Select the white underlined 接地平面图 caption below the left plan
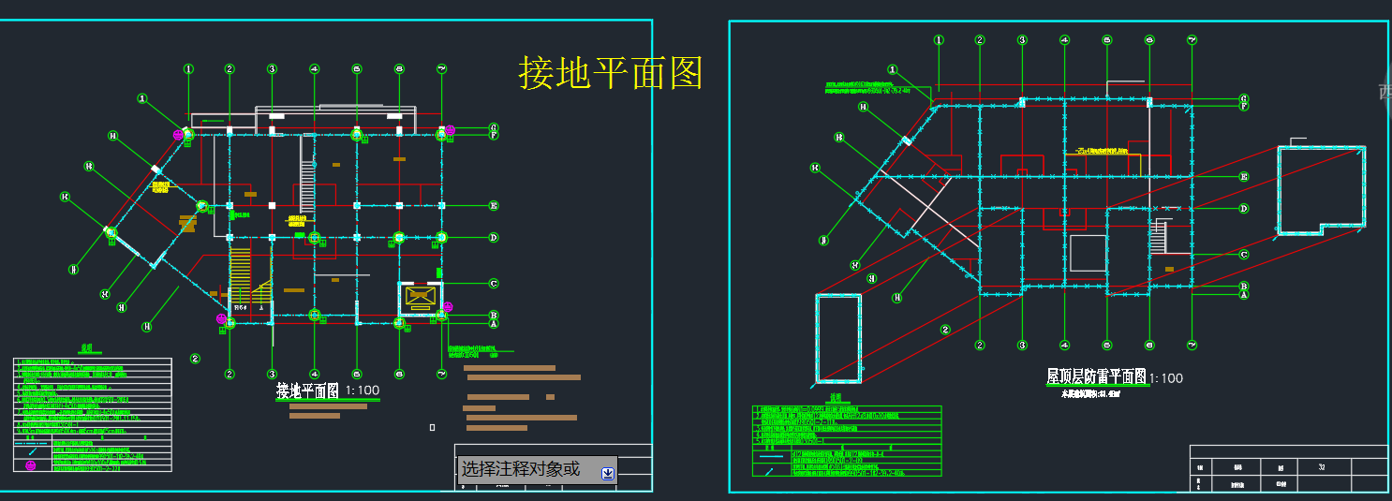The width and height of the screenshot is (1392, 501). point(307,390)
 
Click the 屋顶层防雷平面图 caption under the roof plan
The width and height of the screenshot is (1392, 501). point(1097,376)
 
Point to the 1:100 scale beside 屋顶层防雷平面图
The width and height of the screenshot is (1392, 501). point(1166,378)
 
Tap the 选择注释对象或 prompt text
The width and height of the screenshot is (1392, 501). point(521,469)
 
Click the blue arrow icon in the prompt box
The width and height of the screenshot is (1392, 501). point(607,473)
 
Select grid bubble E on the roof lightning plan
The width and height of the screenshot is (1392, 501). point(1244,176)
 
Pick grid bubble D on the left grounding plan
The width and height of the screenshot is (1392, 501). point(494,238)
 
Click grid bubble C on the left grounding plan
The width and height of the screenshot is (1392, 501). point(494,284)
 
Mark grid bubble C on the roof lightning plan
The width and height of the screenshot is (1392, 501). point(1244,254)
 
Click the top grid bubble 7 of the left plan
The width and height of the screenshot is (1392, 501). point(441,68)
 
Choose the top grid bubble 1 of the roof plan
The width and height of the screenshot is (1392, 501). point(938,40)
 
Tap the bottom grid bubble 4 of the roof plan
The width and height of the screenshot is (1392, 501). point(1065,345)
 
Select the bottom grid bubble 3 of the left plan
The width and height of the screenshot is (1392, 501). point(272,375)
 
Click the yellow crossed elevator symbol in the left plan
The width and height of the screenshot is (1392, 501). point(419,298)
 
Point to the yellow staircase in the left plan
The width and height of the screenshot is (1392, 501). point(241,272)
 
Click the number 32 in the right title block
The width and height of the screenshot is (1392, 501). point(1322,466)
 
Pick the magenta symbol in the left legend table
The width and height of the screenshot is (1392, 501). point(30,465)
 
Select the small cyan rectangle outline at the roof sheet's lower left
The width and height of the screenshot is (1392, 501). point(838,338)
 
